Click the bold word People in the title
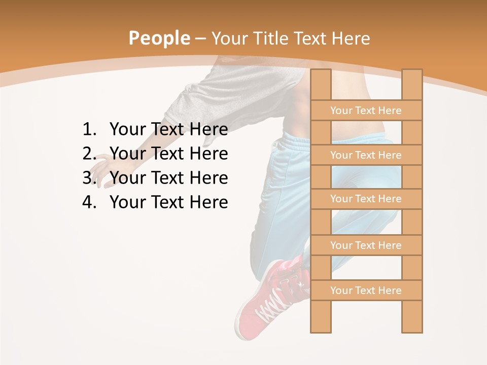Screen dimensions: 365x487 [159, 39]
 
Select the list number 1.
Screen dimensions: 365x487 [89, 130]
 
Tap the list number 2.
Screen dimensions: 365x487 [89, 154]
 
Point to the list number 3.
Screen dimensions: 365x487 [89, 178]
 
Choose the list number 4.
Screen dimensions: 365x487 [89, 202]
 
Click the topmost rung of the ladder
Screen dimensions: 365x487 [366, 111]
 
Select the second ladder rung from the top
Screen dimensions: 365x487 [366, 155]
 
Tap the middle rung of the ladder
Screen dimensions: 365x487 [366, 199]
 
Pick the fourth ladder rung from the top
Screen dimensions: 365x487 [366, 245]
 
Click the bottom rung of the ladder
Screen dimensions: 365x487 [366, 290]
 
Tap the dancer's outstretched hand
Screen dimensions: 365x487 [104, 170]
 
